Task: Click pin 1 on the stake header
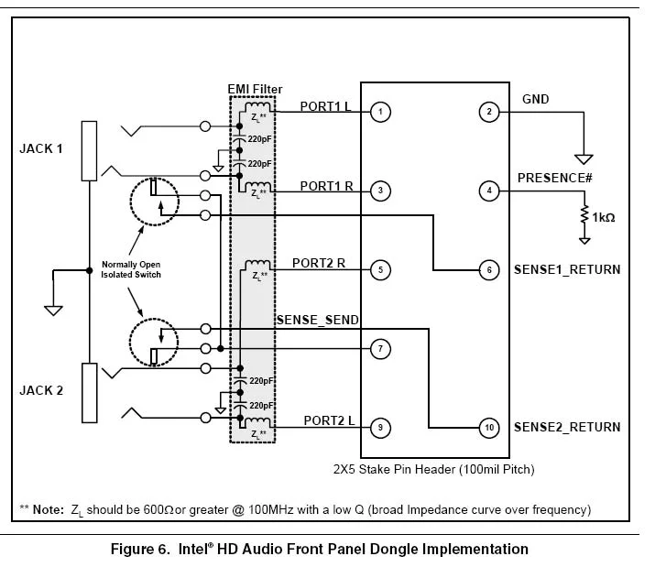click(x=380, y=112)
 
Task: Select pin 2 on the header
click(x=490, y=112)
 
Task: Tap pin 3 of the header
click(x=380, y=191)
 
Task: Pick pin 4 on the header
click(x=490, y=191)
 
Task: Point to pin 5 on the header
click(x=380, y=269)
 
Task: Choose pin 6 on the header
click(x=490, y=269)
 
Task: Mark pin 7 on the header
click(x=380, y=348)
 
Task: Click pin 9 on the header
click(x=380, y=427)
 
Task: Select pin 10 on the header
click(x=490, y=427)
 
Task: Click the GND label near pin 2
click(x=535, y=98)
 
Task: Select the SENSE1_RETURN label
click(x=566, y=269)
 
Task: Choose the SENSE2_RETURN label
click(x=566, y=427)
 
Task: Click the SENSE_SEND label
click(x=317, y=319)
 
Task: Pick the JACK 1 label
click(x=41, y=147)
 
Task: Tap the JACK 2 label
click(x=41, y=390)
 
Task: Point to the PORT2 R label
click(x=318, y=263)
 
